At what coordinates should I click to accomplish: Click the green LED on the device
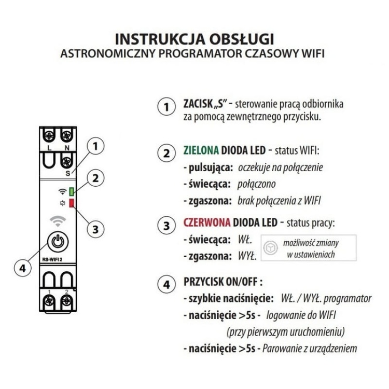tap(72, 190)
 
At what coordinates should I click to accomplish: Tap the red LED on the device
tap(72, 202)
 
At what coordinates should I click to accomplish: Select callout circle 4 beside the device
tap(21, 269)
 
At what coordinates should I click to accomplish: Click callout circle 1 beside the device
tap(94, 147)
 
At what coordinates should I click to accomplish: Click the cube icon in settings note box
tap(269, 247)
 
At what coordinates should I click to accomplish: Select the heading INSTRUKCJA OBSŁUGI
tap(194, 39)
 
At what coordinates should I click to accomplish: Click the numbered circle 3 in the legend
tap(165, 226)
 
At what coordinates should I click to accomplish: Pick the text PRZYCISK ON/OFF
tap(223, 283)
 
